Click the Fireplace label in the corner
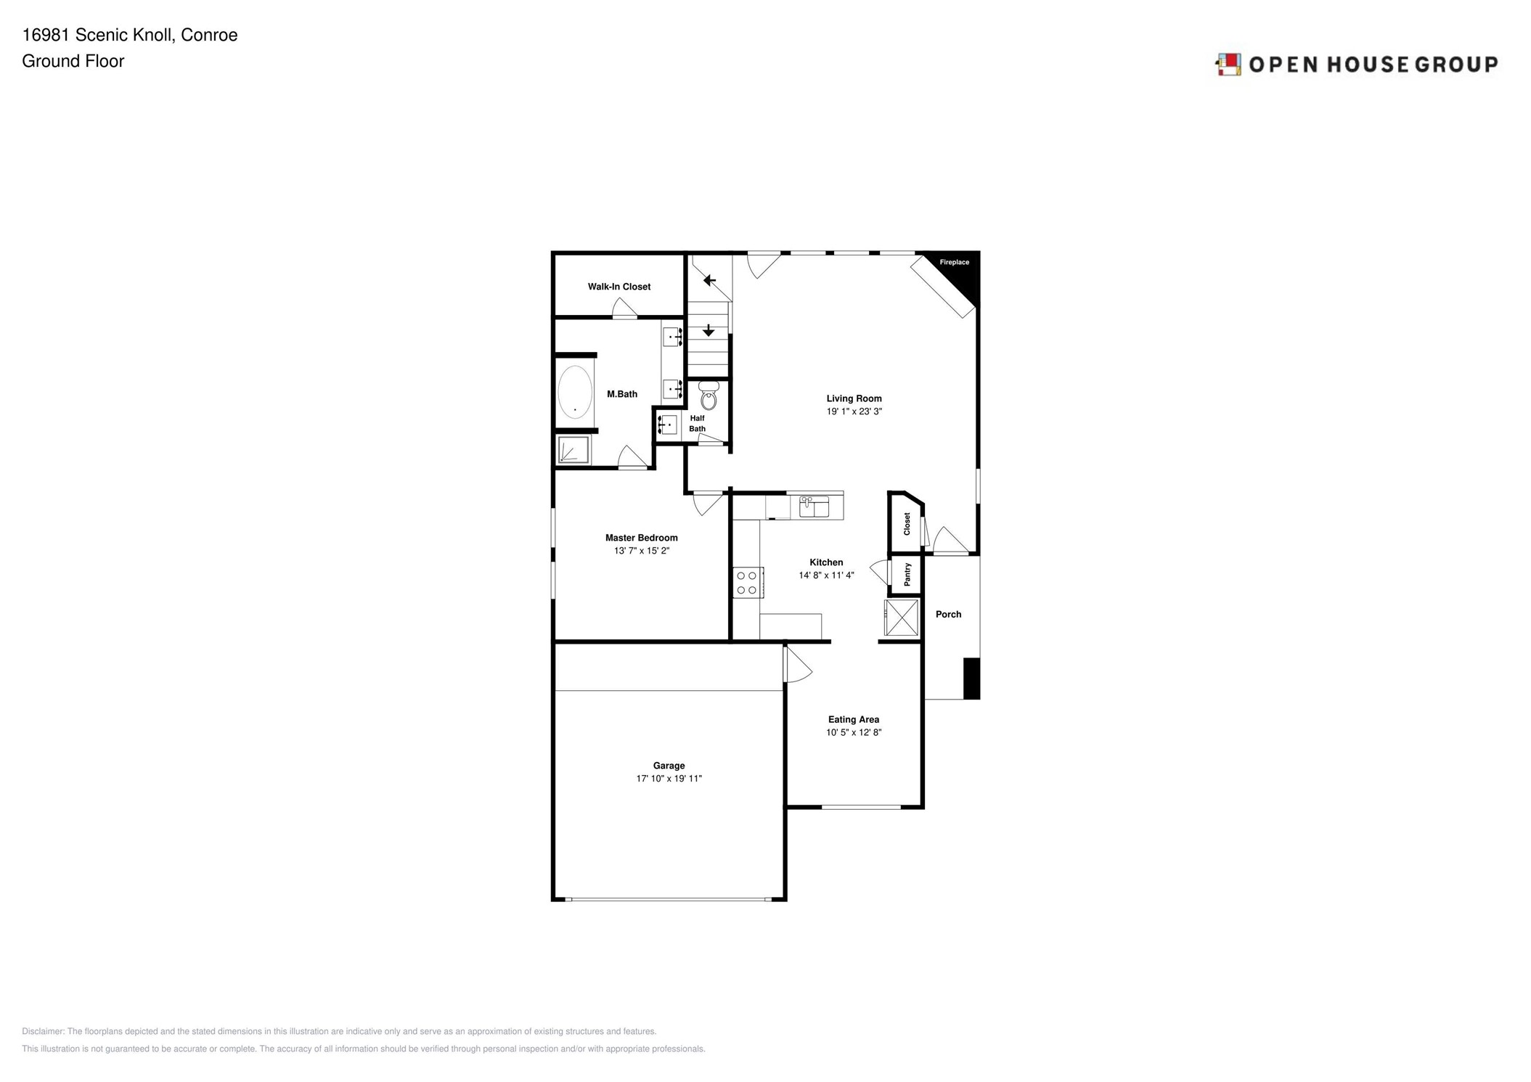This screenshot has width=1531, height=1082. pyautogui.click(x=954, y=262)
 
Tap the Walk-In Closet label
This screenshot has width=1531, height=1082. pyautogui.click(x=618, y=287)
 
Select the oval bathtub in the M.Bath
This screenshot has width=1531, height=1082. pyautogui.click(x=574, y=392)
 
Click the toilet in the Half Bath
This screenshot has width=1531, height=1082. pyautogui.click(x=709, y=396)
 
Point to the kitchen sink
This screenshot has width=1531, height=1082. pyautogui.click(x=814, y=506)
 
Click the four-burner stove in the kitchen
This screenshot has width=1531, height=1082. pyautogui.click(x=747, y=583)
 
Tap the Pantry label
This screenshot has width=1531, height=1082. pyautogui.click(x=907, y=575)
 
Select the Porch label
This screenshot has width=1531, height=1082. pyautogui.click(x=948, y=614)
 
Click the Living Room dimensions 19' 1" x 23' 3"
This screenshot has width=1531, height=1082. pyautogui.click(x=854, y=411)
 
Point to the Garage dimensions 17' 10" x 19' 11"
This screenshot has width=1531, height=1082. pyautogui.click(x=669, y=779)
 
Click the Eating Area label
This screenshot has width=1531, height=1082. pyautogui.click(x=853, y=719)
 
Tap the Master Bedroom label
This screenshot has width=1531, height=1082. pyautogui.click(x=641, y=538)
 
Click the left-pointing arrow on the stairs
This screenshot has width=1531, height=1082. pyautogui.click(x=709, y=280)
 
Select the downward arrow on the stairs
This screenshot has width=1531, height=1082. pyautogui.click(x=709, y=331)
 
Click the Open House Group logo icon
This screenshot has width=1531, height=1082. pyautogui.click(x=1228, y=65)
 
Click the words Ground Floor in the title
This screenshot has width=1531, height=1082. pyautogui.click(x=73, y=61)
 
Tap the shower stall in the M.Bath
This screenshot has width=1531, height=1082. pyautogui.click(x=573, y=450)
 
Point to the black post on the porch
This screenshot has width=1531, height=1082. pyautogui.click(x=971, y=679)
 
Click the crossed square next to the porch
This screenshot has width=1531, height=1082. pyautogui.click(x=902, y=617)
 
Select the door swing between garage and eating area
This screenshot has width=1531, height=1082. pyautogui.click(x=797, y=665)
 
